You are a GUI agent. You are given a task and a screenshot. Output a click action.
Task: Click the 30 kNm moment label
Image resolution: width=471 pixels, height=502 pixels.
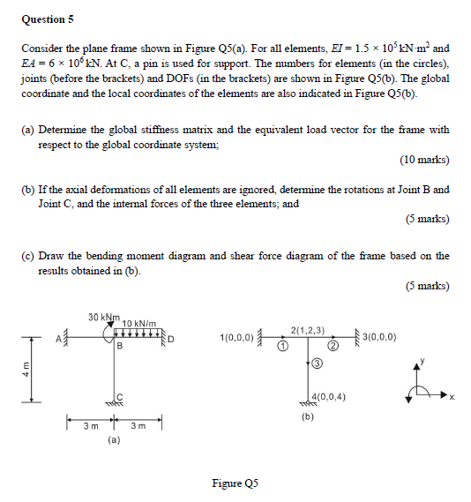104,317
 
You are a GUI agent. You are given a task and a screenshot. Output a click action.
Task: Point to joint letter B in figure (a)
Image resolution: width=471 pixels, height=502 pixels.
118,347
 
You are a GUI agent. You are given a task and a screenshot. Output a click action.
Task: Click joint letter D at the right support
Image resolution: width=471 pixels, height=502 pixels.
172,338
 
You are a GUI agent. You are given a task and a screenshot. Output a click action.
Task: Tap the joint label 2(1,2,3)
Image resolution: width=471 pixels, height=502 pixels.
308,329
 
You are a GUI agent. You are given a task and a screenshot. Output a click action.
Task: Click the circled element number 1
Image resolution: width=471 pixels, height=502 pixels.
280,346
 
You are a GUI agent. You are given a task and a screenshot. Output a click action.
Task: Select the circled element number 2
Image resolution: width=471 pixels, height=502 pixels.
335,346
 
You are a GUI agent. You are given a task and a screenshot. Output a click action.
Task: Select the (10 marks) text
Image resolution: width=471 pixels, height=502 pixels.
424,160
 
